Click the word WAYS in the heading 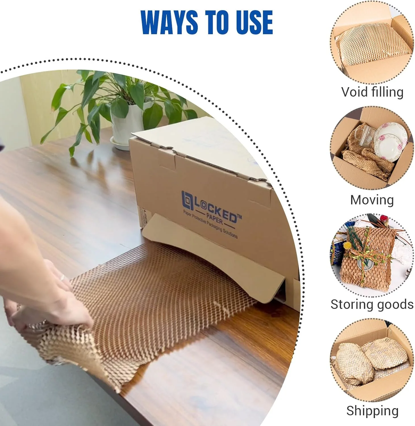click(x=169, y=22)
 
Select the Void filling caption click(x=372, y=92)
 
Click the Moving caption click(x=372, y=200)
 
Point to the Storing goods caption click(x=372, y=304)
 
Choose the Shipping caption click(x=372, y=411)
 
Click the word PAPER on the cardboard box click(x=214, y=217)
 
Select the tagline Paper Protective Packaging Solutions click(x=210, y=224)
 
